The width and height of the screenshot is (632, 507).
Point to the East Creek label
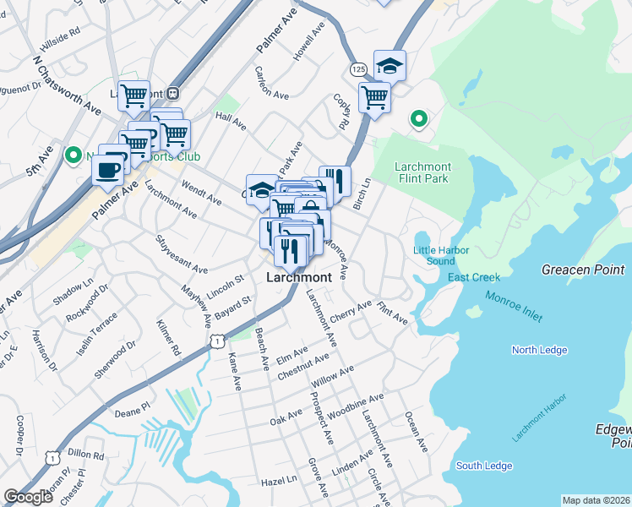(x=474, y=277)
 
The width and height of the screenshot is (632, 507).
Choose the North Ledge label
(x=536, y=350)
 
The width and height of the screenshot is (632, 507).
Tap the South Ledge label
(x=484, y=466)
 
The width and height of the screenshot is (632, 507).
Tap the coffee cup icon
(x=106, y=169)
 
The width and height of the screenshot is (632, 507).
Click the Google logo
(x=28, y=497)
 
